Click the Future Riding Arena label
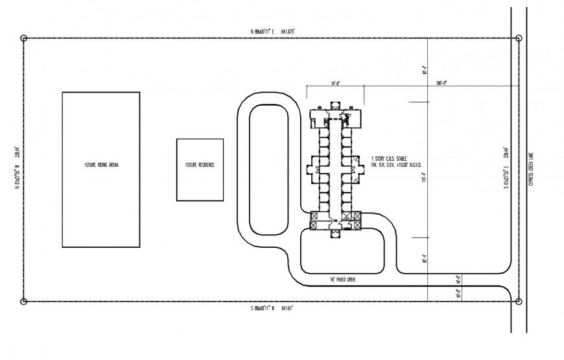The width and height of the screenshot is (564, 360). pyautogui.click(x=101, y=165)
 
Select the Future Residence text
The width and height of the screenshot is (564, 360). pyautogui.click(x=200, y=165)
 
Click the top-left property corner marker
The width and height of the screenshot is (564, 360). pyautogui.click(x=24, y=38)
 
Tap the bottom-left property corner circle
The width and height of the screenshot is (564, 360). pyautogui.click(x=24, y=301)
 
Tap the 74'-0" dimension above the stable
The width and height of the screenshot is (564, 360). pyautogui.click(x=335, y=82)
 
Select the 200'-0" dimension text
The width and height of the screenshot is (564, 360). pyautogui.click(x=443, y=82)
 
